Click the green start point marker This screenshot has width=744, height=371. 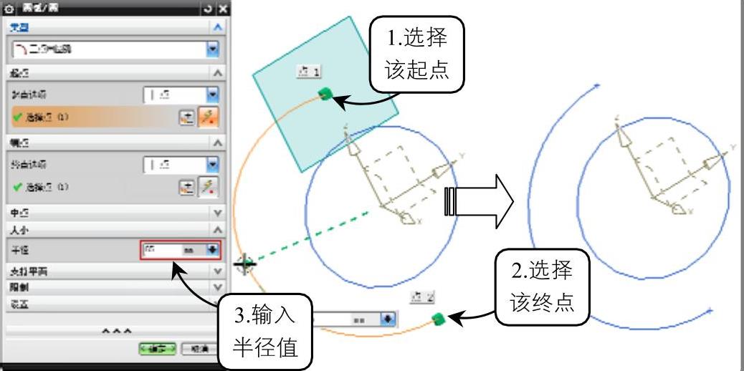coord(326,93)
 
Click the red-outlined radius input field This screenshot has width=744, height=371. coord(172,250)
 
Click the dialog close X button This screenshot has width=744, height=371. coord(223,9)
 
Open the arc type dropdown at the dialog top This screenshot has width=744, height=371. coord(212,49)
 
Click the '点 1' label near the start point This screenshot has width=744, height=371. coord(309,71)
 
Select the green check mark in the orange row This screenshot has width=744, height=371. coord(16,117)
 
